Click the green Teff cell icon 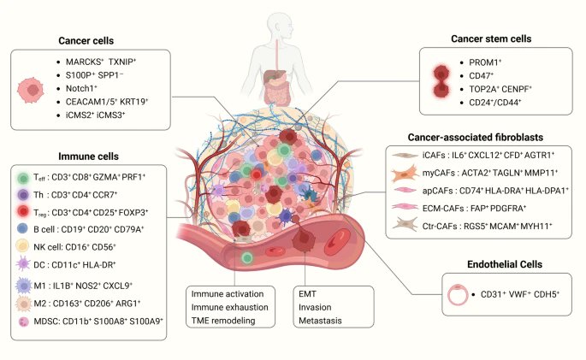(25, 179)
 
